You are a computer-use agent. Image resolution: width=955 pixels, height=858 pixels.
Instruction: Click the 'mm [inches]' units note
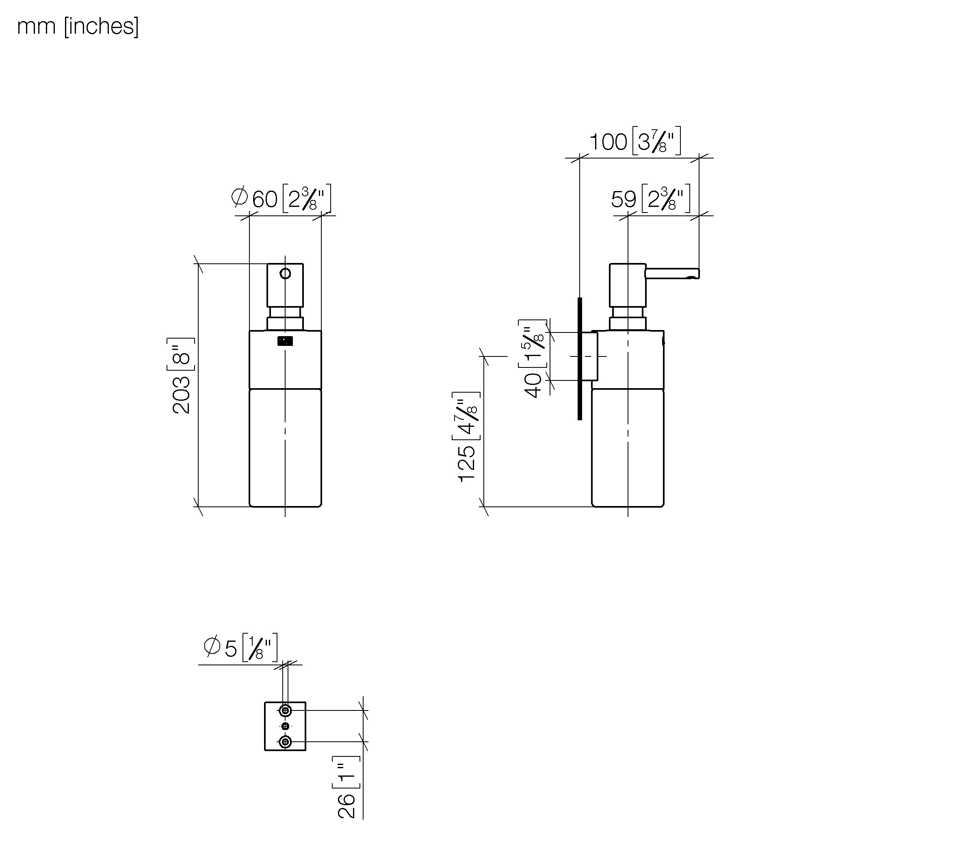coord(78,27)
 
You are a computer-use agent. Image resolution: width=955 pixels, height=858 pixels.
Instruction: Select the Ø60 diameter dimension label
coord(281,198)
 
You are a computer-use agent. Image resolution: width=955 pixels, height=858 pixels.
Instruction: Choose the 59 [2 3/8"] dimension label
coord(651,199)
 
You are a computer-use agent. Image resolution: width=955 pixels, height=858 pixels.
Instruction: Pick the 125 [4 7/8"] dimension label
coord(466,437)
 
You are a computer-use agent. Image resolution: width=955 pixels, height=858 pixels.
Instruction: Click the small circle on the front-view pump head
coord(285,274)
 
